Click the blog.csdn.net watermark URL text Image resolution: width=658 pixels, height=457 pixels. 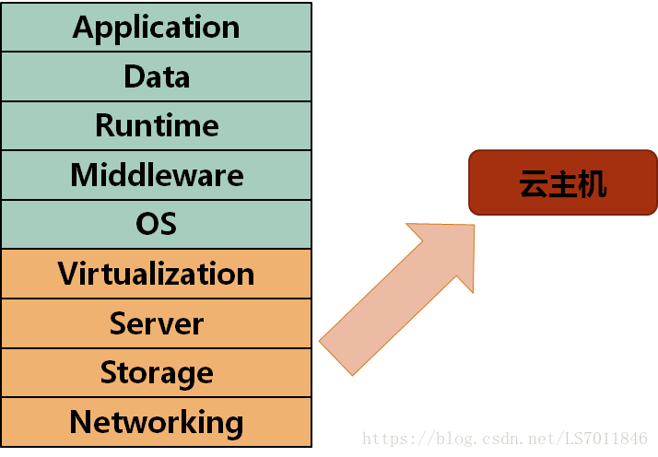[505, 439]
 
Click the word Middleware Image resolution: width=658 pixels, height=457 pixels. [157, 175]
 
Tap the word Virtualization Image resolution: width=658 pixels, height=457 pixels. [157, 274]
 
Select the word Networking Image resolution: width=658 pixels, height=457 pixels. [157, 423]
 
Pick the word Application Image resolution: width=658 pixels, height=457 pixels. [157, 28]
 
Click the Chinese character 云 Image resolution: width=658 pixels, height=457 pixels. [534, 183]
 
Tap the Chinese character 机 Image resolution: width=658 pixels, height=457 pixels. [591, 183]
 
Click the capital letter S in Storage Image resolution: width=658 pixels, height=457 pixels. [110, 373]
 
